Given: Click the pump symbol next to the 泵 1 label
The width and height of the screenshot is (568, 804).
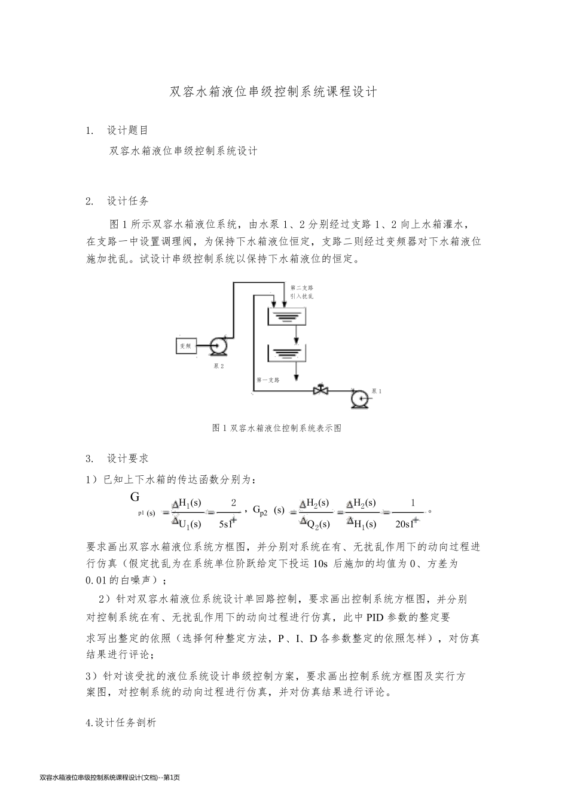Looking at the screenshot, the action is (360, 398).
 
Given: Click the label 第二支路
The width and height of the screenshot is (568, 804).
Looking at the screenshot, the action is (302, 288).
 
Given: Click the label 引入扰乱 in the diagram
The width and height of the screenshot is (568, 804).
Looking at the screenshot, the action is (302, 296).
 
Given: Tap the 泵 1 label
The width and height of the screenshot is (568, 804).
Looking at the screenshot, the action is (377, 390).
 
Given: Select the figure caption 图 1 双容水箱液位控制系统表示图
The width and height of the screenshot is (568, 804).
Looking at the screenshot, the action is (277, 428).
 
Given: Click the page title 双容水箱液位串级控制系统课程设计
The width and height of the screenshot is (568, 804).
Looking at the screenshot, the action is (274, 93).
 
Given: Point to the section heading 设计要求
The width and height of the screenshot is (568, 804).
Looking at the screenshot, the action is (128, 458).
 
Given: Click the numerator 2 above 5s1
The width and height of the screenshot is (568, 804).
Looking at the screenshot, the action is (233, 503).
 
